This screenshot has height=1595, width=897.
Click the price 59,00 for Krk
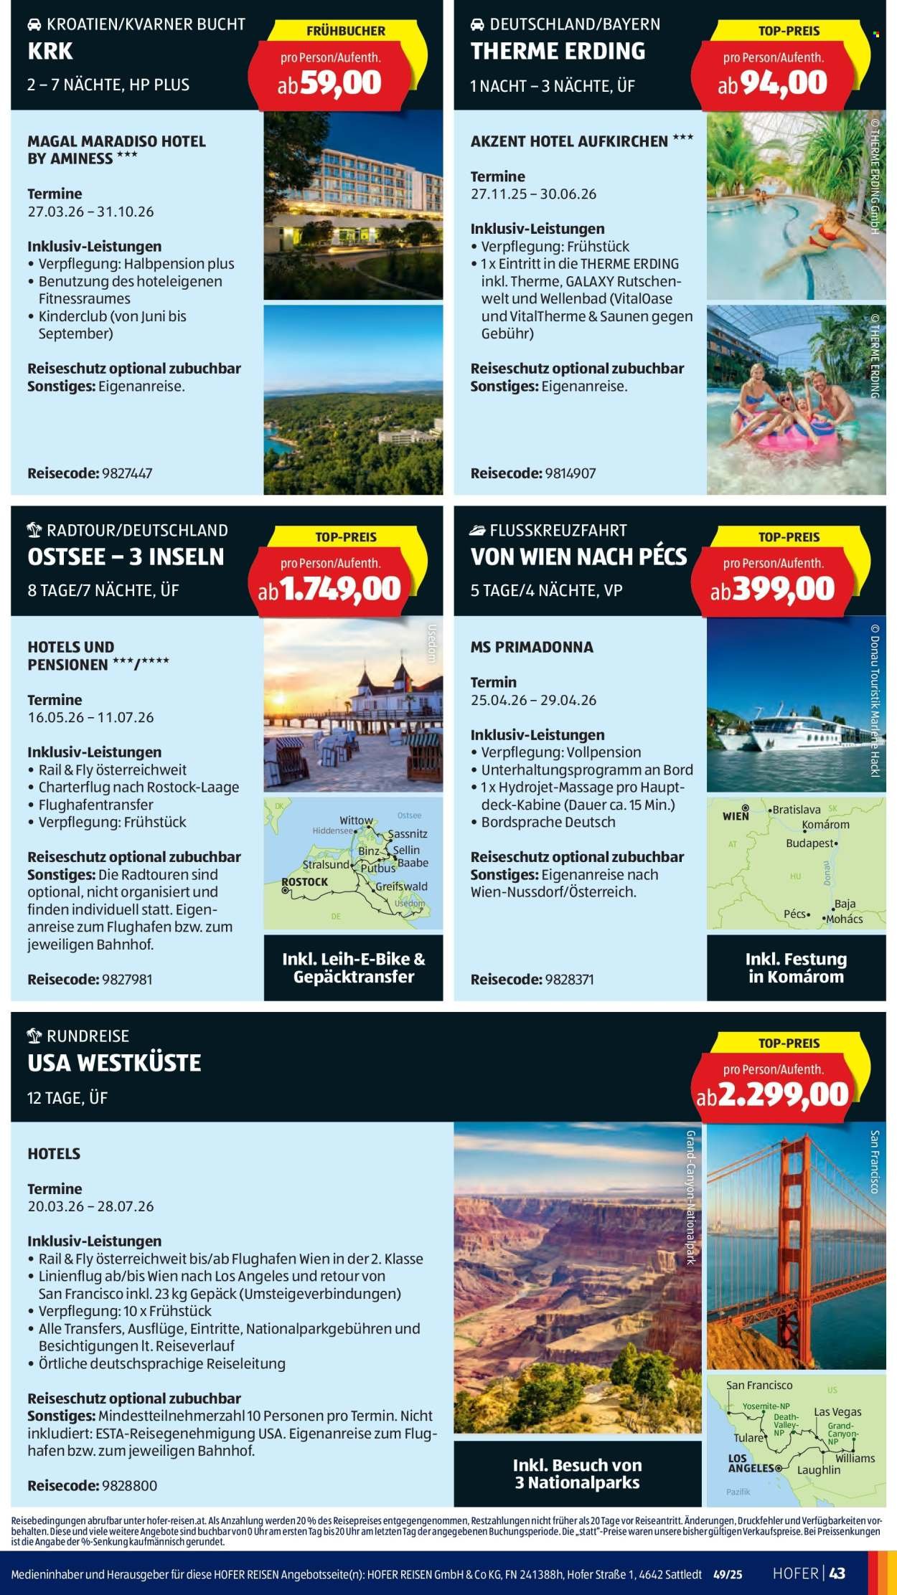tap(340, 84)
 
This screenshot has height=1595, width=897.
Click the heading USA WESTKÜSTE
tap(114, 1063)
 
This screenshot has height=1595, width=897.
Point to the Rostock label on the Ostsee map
tap(305, 881)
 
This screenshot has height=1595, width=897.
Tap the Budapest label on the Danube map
tap(811, 843)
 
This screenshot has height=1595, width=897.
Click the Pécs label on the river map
tap(796, 914)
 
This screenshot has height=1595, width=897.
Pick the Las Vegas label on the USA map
tap(837, 1411)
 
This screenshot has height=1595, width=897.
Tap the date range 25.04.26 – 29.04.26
tap(533, 700)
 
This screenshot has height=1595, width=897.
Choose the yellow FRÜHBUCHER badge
tap(345, 31)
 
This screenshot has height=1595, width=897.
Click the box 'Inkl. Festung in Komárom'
tap(796, 967)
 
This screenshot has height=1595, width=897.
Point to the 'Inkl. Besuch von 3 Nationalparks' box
tap(577, 1474)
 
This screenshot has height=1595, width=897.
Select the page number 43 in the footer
tap(837, 1573)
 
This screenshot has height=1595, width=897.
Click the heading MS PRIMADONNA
tap(532, 647)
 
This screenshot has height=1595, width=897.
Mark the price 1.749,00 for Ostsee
tap(340, 590)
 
